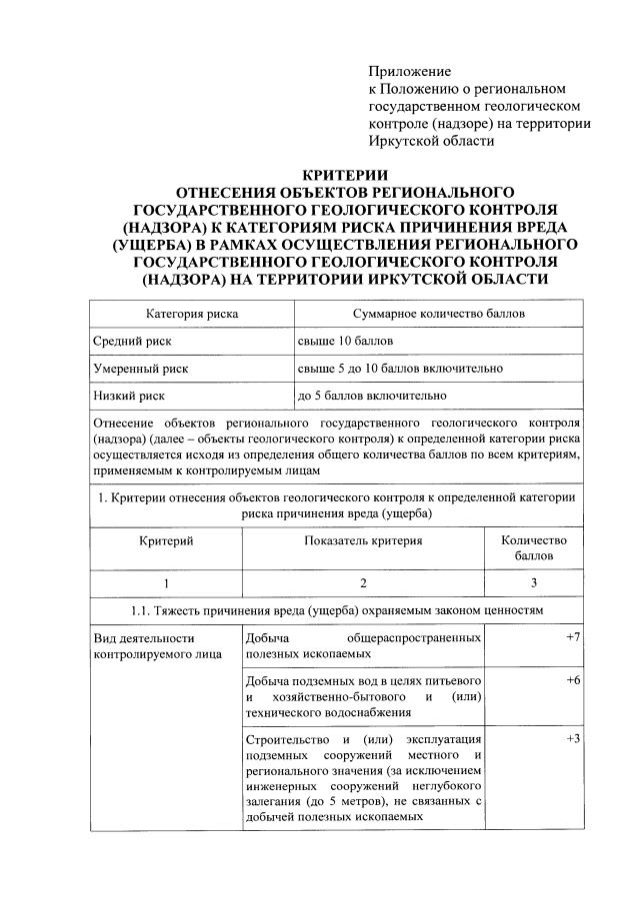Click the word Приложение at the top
410,72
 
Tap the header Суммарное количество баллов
432,314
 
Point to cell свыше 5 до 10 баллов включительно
400,369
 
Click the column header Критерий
165,540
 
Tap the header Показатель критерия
363,540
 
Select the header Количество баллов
534,547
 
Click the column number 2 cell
364,582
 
